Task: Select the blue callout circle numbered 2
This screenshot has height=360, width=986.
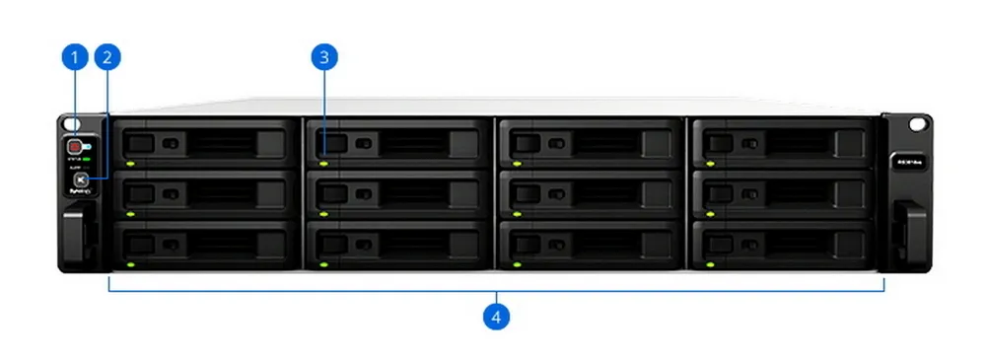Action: tap(107, 57)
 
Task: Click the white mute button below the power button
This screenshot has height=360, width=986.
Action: tap(74, 180)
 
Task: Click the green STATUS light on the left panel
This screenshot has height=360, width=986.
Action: tap(87, 158)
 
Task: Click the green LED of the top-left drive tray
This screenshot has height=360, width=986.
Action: tap(129, 163)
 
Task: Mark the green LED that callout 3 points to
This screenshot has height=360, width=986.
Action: tap(322, 163)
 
